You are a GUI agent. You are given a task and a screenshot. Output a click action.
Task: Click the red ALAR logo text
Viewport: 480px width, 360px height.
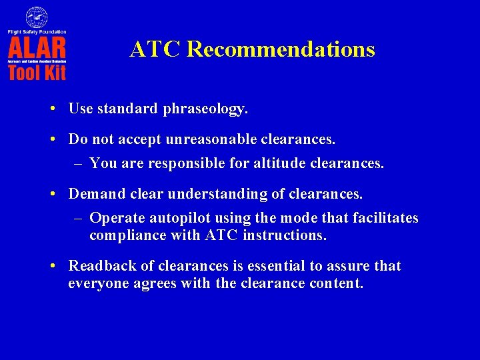[37, 48]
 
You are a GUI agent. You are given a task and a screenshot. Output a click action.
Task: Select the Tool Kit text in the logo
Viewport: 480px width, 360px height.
[37, 72]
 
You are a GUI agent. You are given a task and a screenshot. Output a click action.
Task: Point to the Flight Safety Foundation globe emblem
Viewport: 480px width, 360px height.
[37, 17]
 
